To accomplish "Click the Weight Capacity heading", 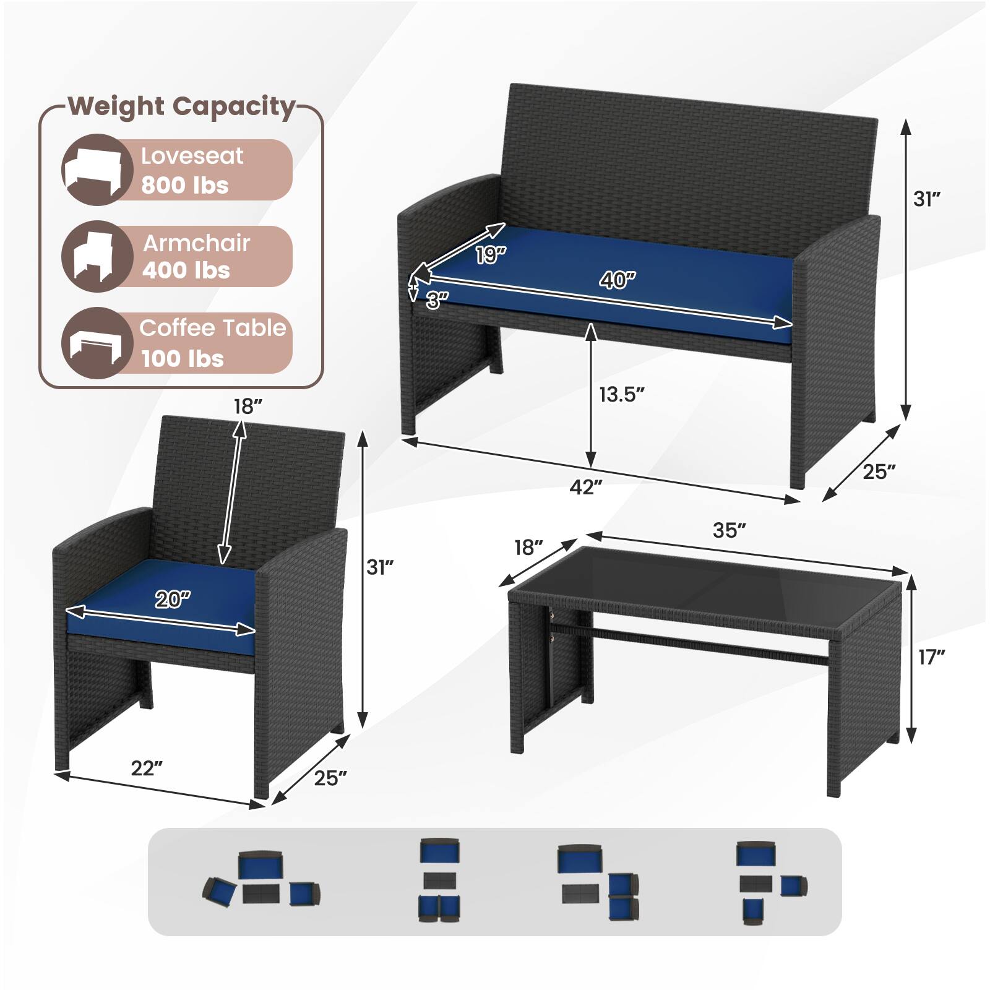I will [181, 106].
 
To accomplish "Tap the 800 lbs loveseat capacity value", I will [184, 185].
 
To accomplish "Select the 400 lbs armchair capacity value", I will [186, 270].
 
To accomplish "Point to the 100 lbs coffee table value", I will [182, 358].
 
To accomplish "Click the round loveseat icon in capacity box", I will [97, 170].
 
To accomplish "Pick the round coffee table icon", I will [97, 343].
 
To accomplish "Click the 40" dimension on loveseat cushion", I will [617, 280].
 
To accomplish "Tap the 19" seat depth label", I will [490, 254].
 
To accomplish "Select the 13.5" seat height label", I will [621, 394].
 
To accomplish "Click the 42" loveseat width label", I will [585, 487].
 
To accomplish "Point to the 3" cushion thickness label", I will [437, 300].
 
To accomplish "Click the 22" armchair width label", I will [147, 768].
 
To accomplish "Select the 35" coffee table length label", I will [729, 530].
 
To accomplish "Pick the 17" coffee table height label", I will [931, 657].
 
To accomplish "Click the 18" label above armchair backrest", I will [247, 407].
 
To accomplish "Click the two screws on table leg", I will [550, 626].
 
